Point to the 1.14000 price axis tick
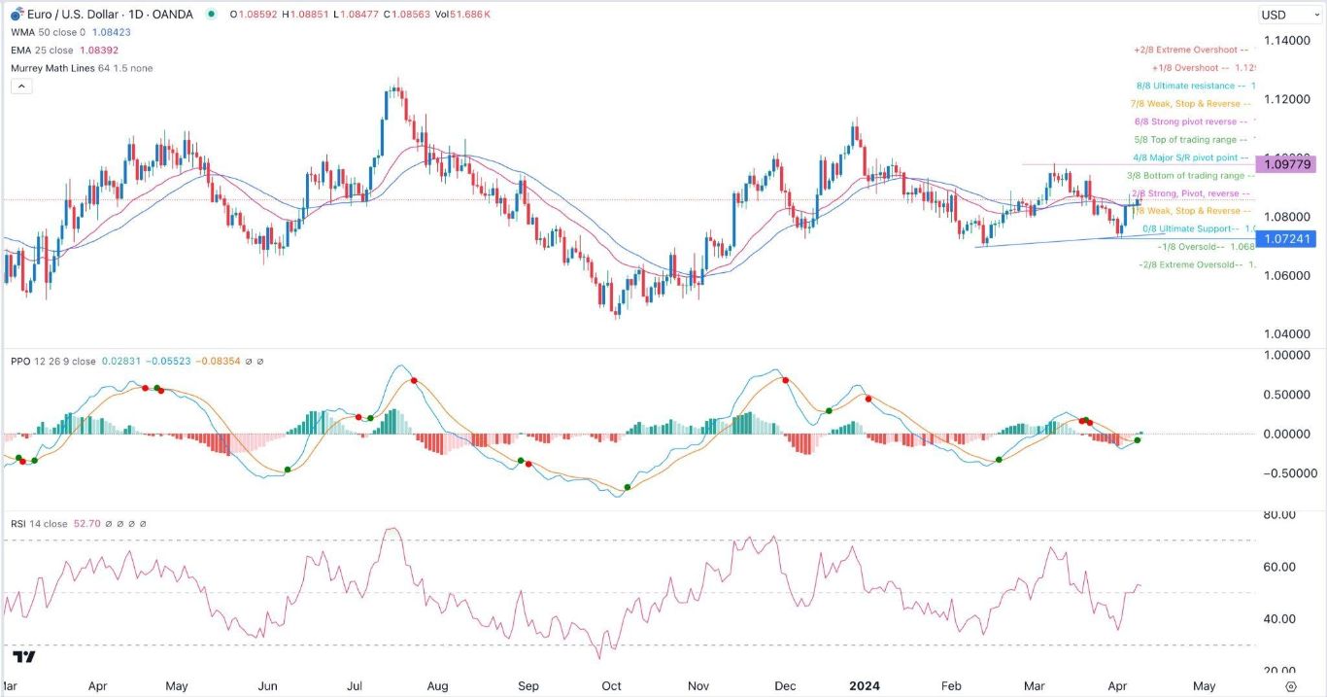click(x=1286, y=41)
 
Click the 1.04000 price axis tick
click(x=1286, y=334)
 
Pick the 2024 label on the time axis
click(x=864, y=685)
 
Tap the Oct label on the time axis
click(x=612, y=685)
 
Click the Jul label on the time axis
click(x=355, y=685)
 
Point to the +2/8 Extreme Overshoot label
click(x=1185, y=50)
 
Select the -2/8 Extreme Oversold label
click(x=1189, y=264)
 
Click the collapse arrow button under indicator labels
click(x=21, y=86)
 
